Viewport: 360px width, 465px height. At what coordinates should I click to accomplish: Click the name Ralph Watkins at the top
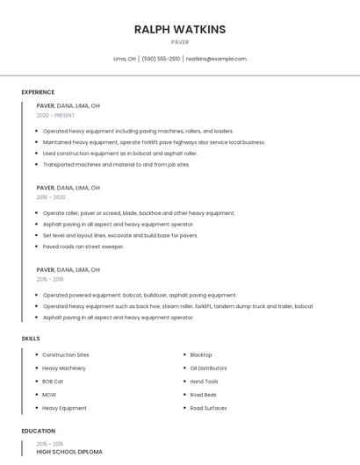(179, 29)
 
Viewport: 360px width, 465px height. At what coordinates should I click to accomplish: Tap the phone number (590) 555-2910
(161, 59)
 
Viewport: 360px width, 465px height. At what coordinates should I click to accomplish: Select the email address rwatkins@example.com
(216, 59)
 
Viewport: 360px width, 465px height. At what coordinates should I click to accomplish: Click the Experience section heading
(38, 92)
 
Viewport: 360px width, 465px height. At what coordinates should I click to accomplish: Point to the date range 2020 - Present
(55, 115)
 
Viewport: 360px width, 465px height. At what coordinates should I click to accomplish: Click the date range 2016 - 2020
(51, 197)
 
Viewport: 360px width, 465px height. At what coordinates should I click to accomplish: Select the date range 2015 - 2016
(50, 279)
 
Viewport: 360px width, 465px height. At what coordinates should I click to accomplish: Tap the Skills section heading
(31, 338)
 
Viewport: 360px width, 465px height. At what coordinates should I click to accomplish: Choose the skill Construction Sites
(66, 354)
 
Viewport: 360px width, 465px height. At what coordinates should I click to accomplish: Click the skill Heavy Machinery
(64, 368)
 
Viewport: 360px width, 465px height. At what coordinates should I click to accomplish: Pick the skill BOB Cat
(54, 382)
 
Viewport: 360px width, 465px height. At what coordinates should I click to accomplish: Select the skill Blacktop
(201, 354)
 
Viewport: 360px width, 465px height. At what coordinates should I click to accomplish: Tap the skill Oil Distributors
(208, 368)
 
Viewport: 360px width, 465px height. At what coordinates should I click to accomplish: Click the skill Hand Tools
(205, 382)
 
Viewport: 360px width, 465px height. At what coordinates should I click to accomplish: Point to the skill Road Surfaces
(208, 408)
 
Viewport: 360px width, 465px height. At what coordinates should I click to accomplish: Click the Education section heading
(38, 431)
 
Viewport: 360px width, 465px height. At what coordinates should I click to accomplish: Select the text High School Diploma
(69, 452)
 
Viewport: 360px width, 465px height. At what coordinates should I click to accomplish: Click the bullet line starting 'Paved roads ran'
(83, 247)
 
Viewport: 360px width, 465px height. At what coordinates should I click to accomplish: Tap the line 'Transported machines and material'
(116, 164)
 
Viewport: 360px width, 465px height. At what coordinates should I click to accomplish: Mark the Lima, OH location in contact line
(125, 59)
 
